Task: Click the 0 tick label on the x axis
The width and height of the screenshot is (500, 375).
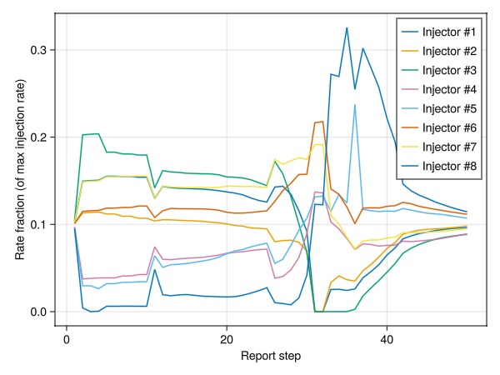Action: (x=66, y=339)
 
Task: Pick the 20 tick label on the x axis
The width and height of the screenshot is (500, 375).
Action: (x=227, y=339)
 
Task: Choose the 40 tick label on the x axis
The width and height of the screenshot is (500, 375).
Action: (x=387, y=339)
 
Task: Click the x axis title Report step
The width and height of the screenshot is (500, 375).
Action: (x=271, y=357)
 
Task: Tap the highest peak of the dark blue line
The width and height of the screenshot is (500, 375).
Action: (x=347, y=27)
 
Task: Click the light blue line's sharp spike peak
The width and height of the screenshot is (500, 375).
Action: (x=355, y=105)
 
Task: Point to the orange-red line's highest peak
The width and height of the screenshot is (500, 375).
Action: (x=322, y=122)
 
